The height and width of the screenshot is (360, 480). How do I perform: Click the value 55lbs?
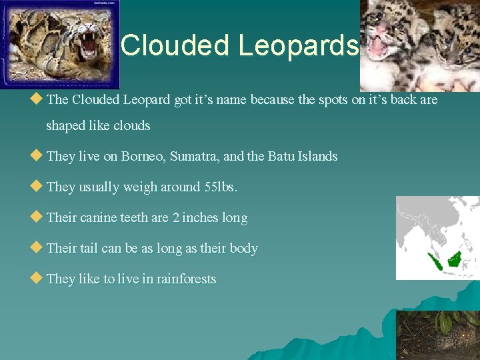click(x=220, y=187)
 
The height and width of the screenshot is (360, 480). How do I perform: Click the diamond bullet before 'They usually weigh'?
click(x=37, y=187)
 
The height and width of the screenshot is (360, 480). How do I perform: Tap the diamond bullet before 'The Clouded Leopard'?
click(x=37, y=99)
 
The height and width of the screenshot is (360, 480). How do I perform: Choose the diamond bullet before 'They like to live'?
click(x=37, y=279)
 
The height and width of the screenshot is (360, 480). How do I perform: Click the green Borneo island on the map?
click(x=456, y=258)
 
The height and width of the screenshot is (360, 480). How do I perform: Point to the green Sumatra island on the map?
click(x=434, y=262)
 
